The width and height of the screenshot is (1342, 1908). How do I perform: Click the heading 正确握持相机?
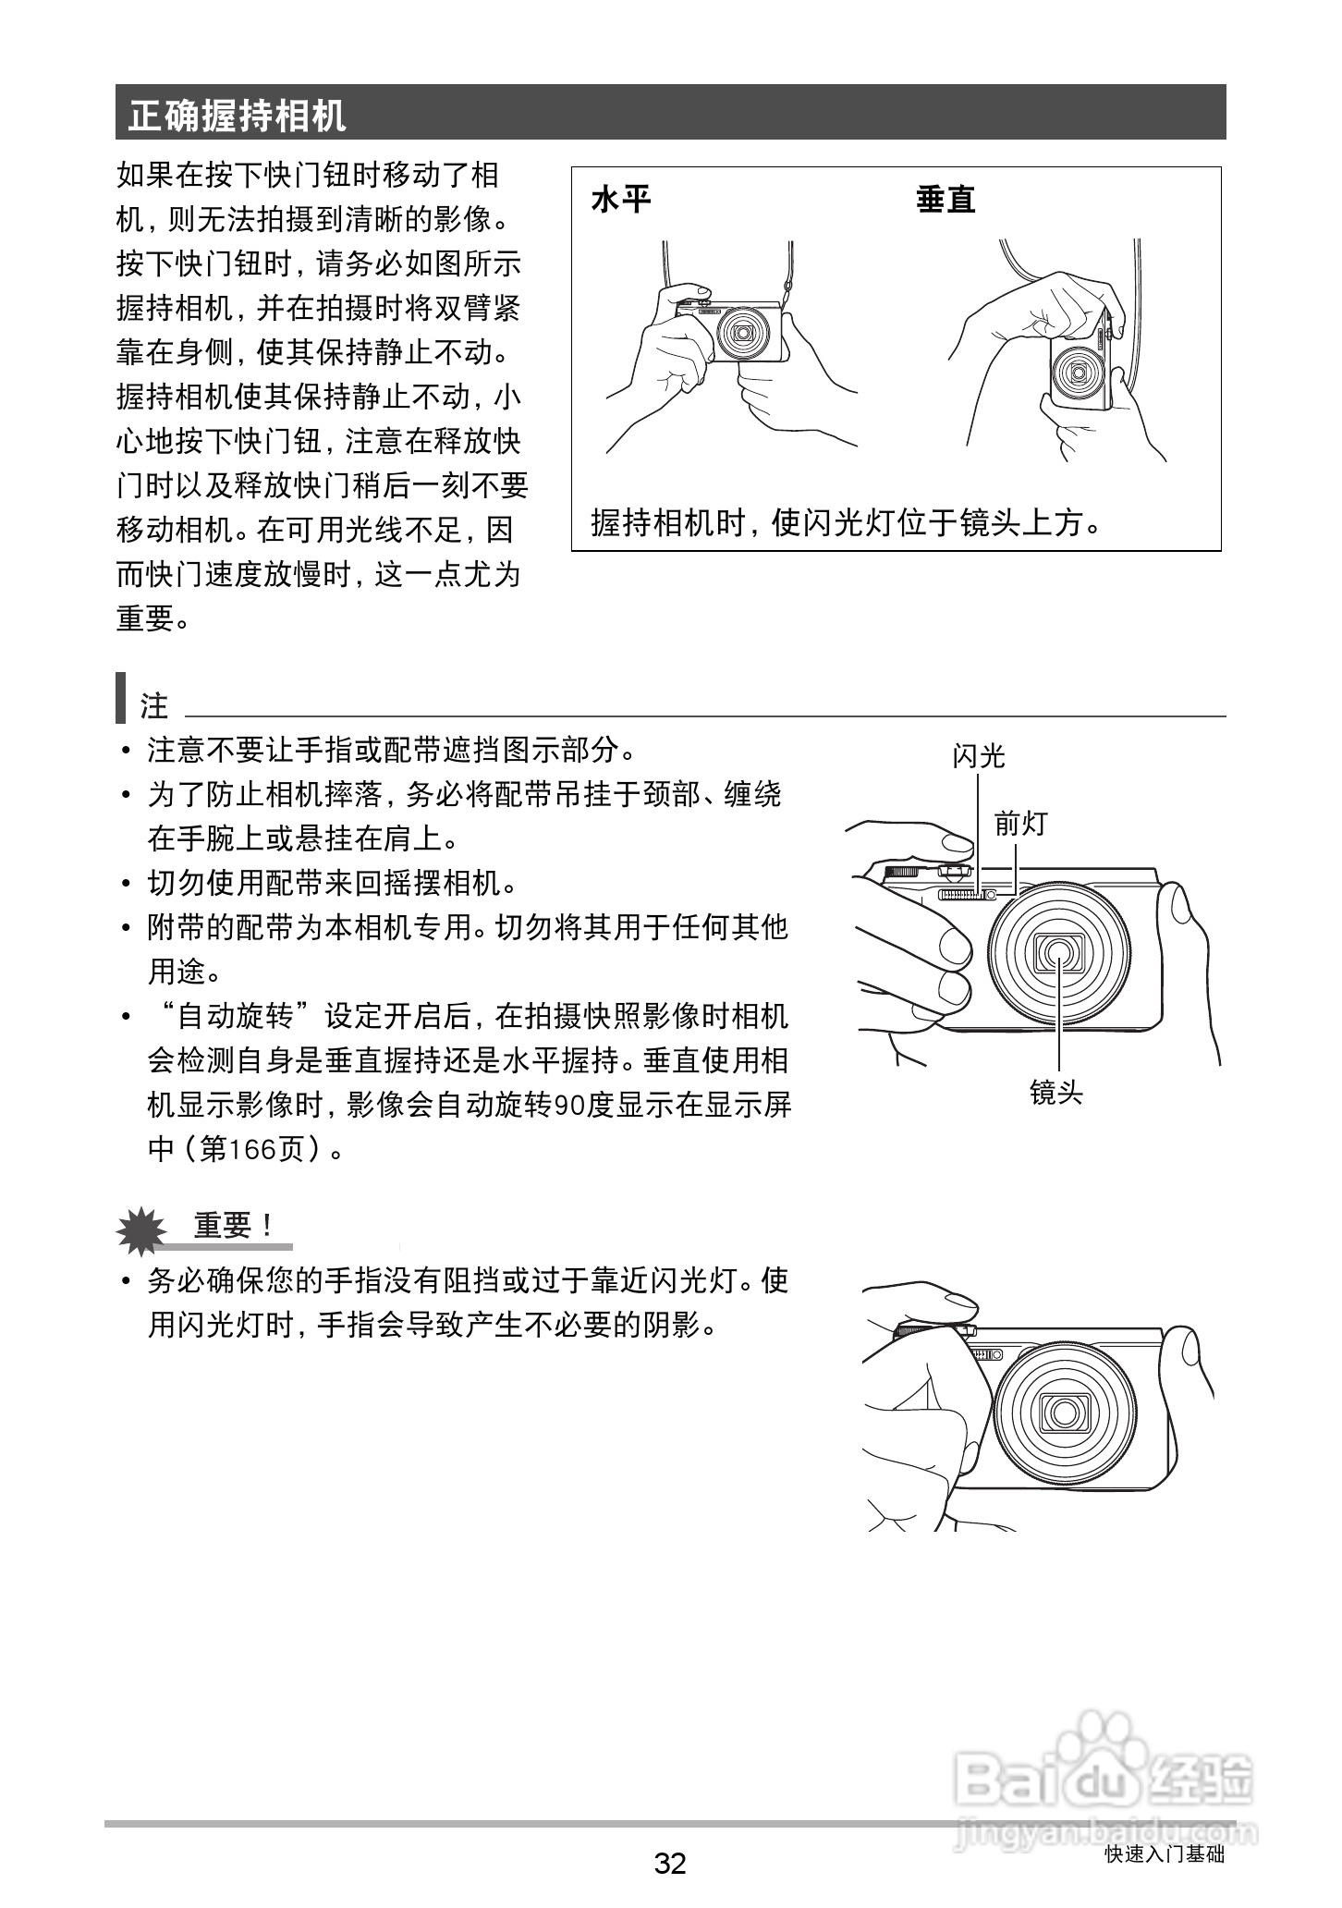[238, 115]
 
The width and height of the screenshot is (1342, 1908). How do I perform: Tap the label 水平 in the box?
[620, 199]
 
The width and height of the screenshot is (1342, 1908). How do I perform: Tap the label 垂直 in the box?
[945, 199]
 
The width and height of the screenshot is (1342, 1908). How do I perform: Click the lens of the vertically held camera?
[1078, 373]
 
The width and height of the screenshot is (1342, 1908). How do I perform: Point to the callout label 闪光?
[978, 757]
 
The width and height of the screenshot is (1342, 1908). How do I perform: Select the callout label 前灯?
[1019, 824]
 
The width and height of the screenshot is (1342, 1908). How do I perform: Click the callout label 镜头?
[1055, 1093]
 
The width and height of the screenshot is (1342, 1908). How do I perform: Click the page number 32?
[670, 1862]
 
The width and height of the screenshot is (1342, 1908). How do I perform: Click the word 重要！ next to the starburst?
[234, 1226]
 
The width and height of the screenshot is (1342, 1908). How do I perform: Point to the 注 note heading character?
[154, 706]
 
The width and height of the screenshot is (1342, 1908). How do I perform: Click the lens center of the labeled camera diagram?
[1059, 952]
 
